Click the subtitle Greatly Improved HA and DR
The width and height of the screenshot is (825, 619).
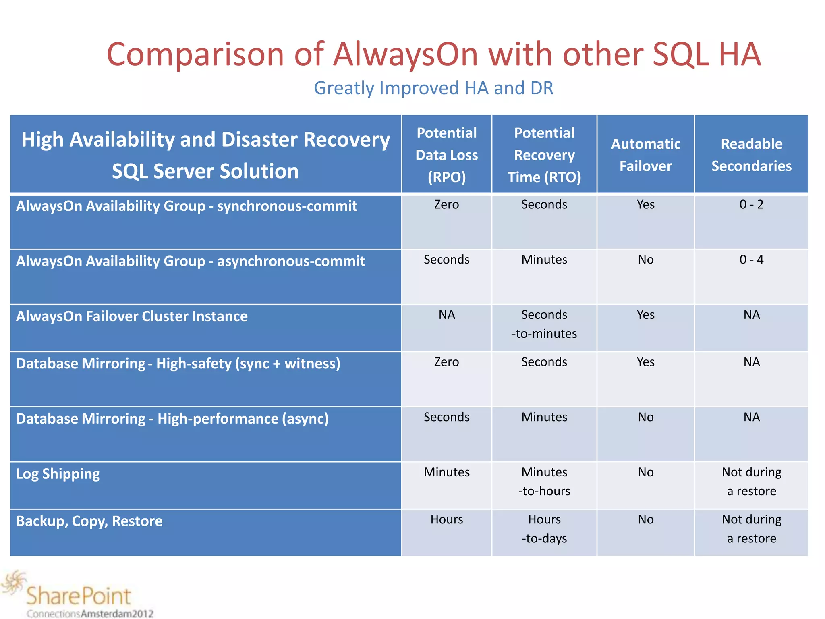pos(433,88)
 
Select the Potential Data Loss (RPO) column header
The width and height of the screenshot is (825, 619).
pos(446,155)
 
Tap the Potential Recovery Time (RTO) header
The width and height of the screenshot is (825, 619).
pos(544,155)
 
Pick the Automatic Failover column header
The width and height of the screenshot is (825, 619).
pos(645,155)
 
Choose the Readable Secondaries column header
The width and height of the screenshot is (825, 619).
pos(751,155)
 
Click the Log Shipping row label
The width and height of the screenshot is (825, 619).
pos(58,474)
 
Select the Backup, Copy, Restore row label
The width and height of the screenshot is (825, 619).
pos(89,521)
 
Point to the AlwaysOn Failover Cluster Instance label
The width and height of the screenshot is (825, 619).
pos(132,316)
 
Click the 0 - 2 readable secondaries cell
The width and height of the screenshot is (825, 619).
pos(751,204)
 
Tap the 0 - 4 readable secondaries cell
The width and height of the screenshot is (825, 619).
pos(751,260)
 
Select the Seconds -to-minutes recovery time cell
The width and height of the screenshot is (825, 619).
pos(544,324)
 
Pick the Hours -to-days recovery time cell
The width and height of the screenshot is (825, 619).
pos(544,529)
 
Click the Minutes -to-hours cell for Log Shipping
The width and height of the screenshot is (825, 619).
pos(544,482)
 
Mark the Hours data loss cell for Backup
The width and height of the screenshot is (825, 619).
pos(446,519)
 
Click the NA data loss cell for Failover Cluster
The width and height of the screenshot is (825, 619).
pos(446,314)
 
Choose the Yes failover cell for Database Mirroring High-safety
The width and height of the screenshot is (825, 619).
pos(645,362)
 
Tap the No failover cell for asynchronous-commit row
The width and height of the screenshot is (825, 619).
pos(645,260)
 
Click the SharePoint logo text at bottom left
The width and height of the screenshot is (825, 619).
pos(79,596)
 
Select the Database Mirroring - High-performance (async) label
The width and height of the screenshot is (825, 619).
pos(172,419)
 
